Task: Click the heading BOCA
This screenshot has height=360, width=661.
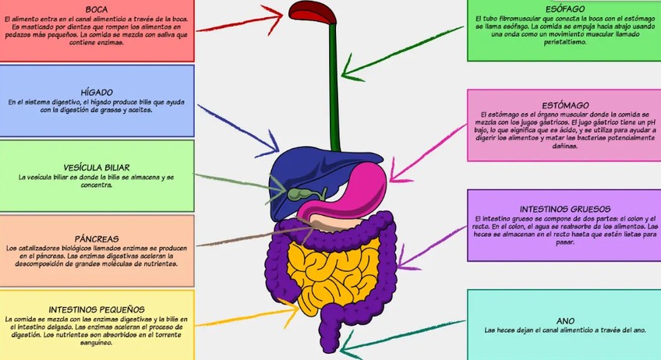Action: coord(97,9)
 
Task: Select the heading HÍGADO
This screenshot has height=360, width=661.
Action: coord(97,92)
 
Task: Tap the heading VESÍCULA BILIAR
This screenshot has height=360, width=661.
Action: coord(97,167)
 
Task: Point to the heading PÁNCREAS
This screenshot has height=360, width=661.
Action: coord(97,238)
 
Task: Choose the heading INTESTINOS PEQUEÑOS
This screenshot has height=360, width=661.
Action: coord(97,309)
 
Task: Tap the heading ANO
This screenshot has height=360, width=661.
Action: coord(566,319)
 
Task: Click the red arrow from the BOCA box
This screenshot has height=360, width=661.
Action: coord(242,21)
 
